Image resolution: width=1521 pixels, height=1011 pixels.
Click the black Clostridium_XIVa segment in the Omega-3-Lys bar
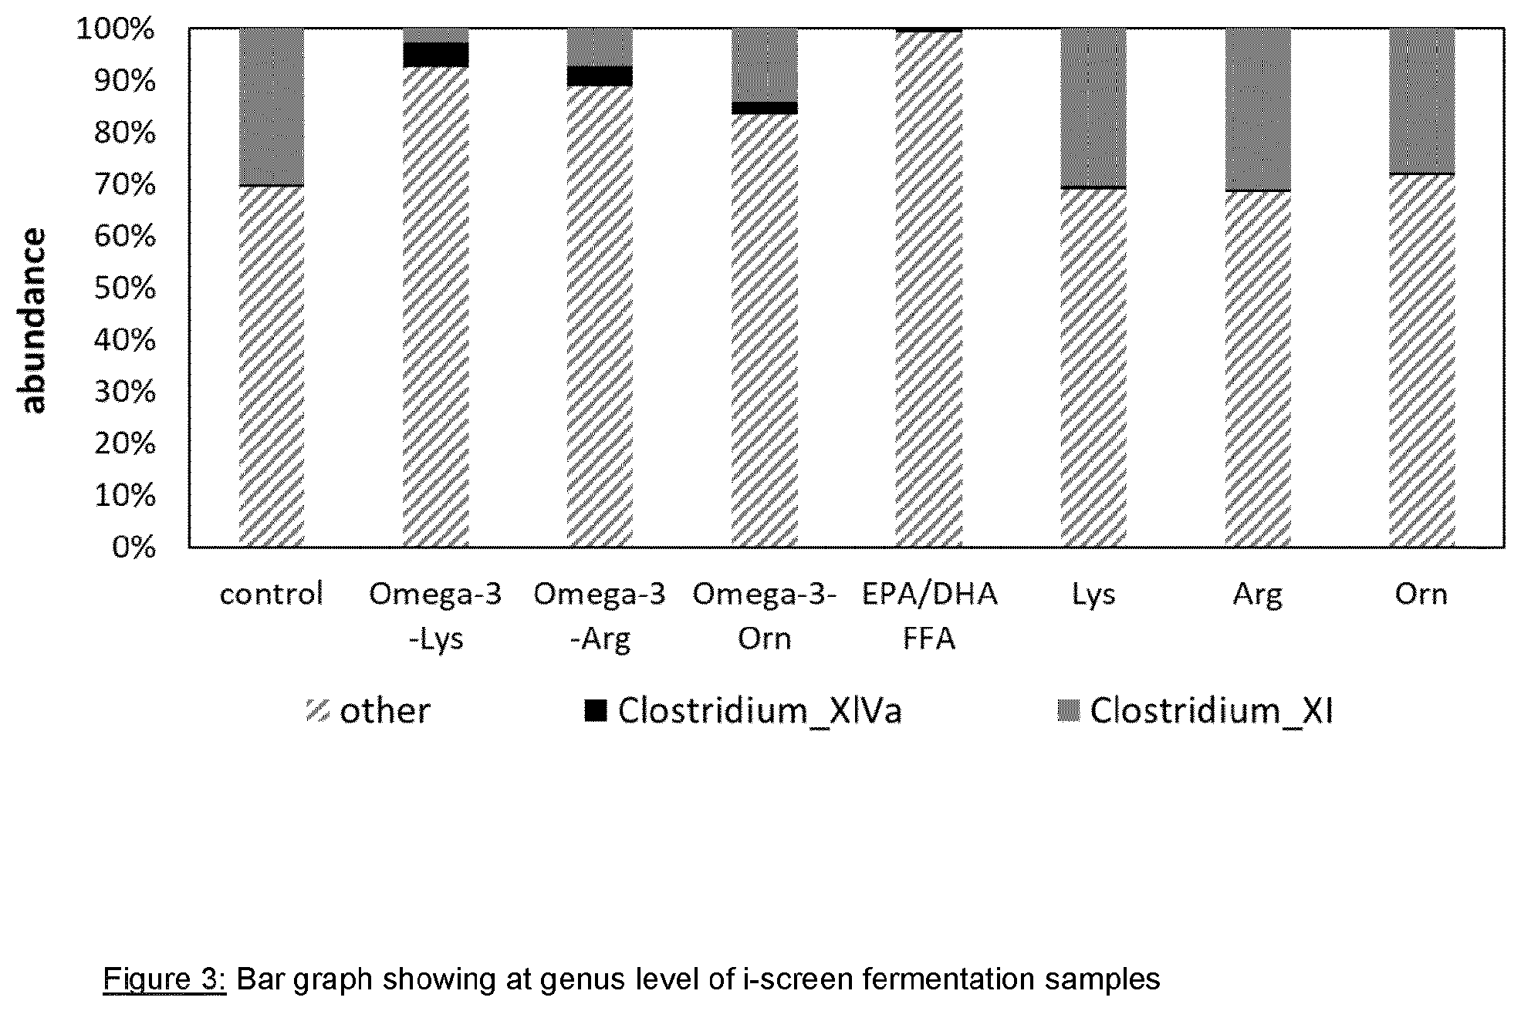pyautogui.click(x=436, y=55)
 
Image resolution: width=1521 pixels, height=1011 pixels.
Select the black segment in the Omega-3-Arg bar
pyautogui.click(x=600, y=76)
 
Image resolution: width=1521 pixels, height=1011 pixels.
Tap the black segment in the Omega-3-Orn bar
pyautogui.click(x=764, y=108)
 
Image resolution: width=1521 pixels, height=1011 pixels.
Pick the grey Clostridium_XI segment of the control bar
pyautogui.click(x=272, y=106)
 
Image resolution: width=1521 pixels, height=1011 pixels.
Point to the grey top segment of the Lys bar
pyautogui.click(x=1093, y=107)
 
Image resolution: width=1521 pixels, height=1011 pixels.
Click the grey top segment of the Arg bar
pyautogui.click(x=1258, y=109)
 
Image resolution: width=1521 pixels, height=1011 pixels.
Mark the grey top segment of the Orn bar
pyautogui.click(x=1422, y=101)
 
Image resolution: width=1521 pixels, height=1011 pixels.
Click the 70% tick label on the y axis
pyautogui.click(x=125, y=185)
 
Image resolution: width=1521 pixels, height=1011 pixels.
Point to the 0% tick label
pyautogui.click(x=134, y=548)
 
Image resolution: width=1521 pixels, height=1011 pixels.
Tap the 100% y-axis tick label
pyautogui.click(x=117, y=30)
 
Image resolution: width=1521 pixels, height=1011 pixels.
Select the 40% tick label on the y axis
pyautogui.click(x=125, y=340)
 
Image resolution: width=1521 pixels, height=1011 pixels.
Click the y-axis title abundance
pyautogui.click(x=33, y=321)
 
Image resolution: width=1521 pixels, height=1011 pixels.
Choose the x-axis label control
pyautogui.click(x=272, y=595)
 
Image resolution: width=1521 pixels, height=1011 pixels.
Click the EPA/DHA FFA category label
pyautogui.click(x=929, y=616)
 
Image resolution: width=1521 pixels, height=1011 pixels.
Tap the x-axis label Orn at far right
pyautogui.click(x=1421, y=595)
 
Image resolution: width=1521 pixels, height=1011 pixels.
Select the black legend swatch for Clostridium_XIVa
pyautogui.click(x=596, y=710)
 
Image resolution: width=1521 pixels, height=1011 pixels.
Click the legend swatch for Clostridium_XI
pyautogui.click(x=1069, y=710)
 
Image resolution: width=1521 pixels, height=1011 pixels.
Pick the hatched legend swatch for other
pyautogui.click(x=318, y=710)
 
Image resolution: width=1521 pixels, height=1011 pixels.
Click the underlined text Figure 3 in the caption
pyautogui.click(x=164, y=979)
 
